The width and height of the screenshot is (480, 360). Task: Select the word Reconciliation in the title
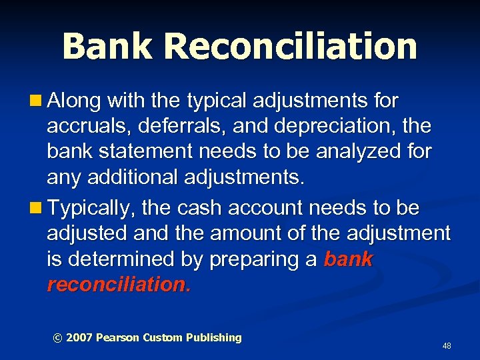click(x=291, y=46)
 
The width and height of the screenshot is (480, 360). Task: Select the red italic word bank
click(x=348, y=259)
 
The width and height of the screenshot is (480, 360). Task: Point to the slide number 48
click(x=447, y=346)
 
